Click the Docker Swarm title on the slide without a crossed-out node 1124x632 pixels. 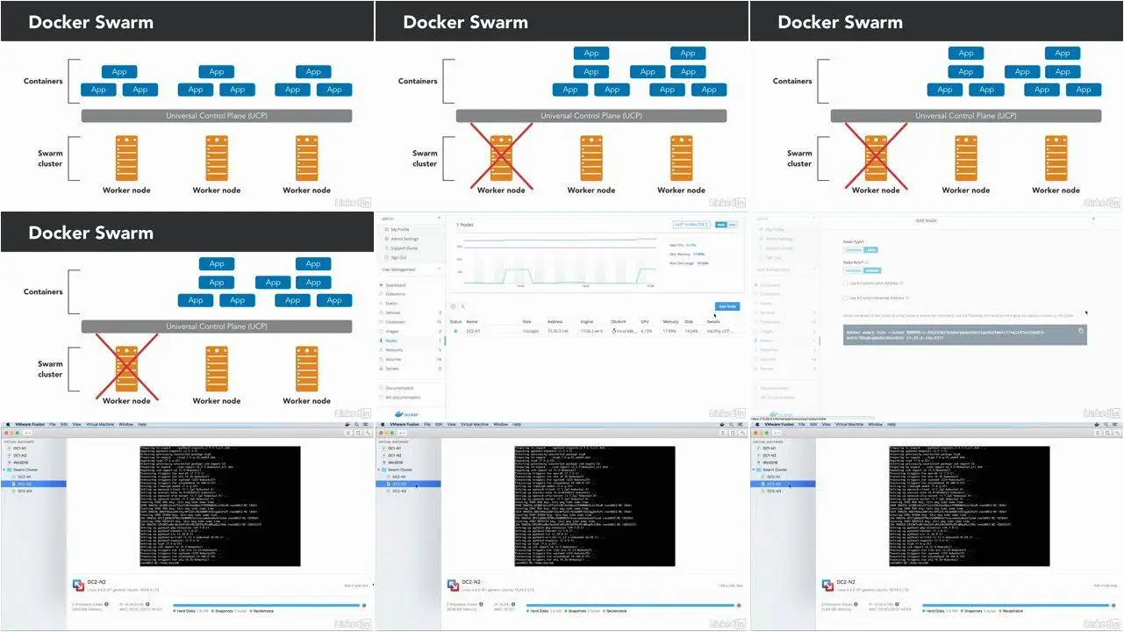(90, 23)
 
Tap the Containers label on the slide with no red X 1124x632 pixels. (43, 81)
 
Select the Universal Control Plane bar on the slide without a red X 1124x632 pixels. (217, 116)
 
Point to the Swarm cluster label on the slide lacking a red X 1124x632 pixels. (50, 158)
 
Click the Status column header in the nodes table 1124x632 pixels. (455, 322)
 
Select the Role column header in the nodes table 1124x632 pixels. (527, 322)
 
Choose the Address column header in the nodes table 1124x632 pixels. (555, 322)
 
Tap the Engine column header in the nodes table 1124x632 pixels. (587, 322)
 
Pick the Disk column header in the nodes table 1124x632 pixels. (689, 322)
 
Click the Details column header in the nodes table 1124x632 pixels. (713, 322)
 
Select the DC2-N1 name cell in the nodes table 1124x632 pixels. (474, 331)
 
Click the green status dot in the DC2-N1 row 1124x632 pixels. (455, 331)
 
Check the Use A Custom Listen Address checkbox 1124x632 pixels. (845, 284)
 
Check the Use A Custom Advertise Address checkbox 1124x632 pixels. (845, 298)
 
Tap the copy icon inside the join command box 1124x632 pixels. (1081, 331)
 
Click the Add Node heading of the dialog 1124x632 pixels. (926, 220)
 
